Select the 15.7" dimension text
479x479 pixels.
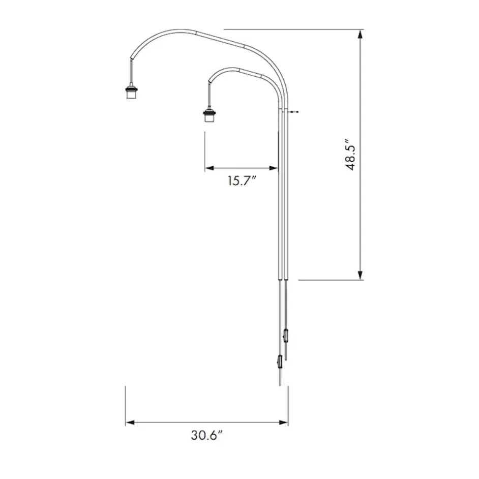(241, 181)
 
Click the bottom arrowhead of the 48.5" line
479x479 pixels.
(361, 275)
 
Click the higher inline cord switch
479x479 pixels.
(286, 336)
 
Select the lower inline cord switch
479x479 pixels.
(279, 362)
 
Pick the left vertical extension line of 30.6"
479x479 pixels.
(126, 404)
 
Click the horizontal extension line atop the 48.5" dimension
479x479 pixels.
(290, 29)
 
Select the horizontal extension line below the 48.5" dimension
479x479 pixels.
(331, 280)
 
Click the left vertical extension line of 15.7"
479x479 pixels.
(205, 150)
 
